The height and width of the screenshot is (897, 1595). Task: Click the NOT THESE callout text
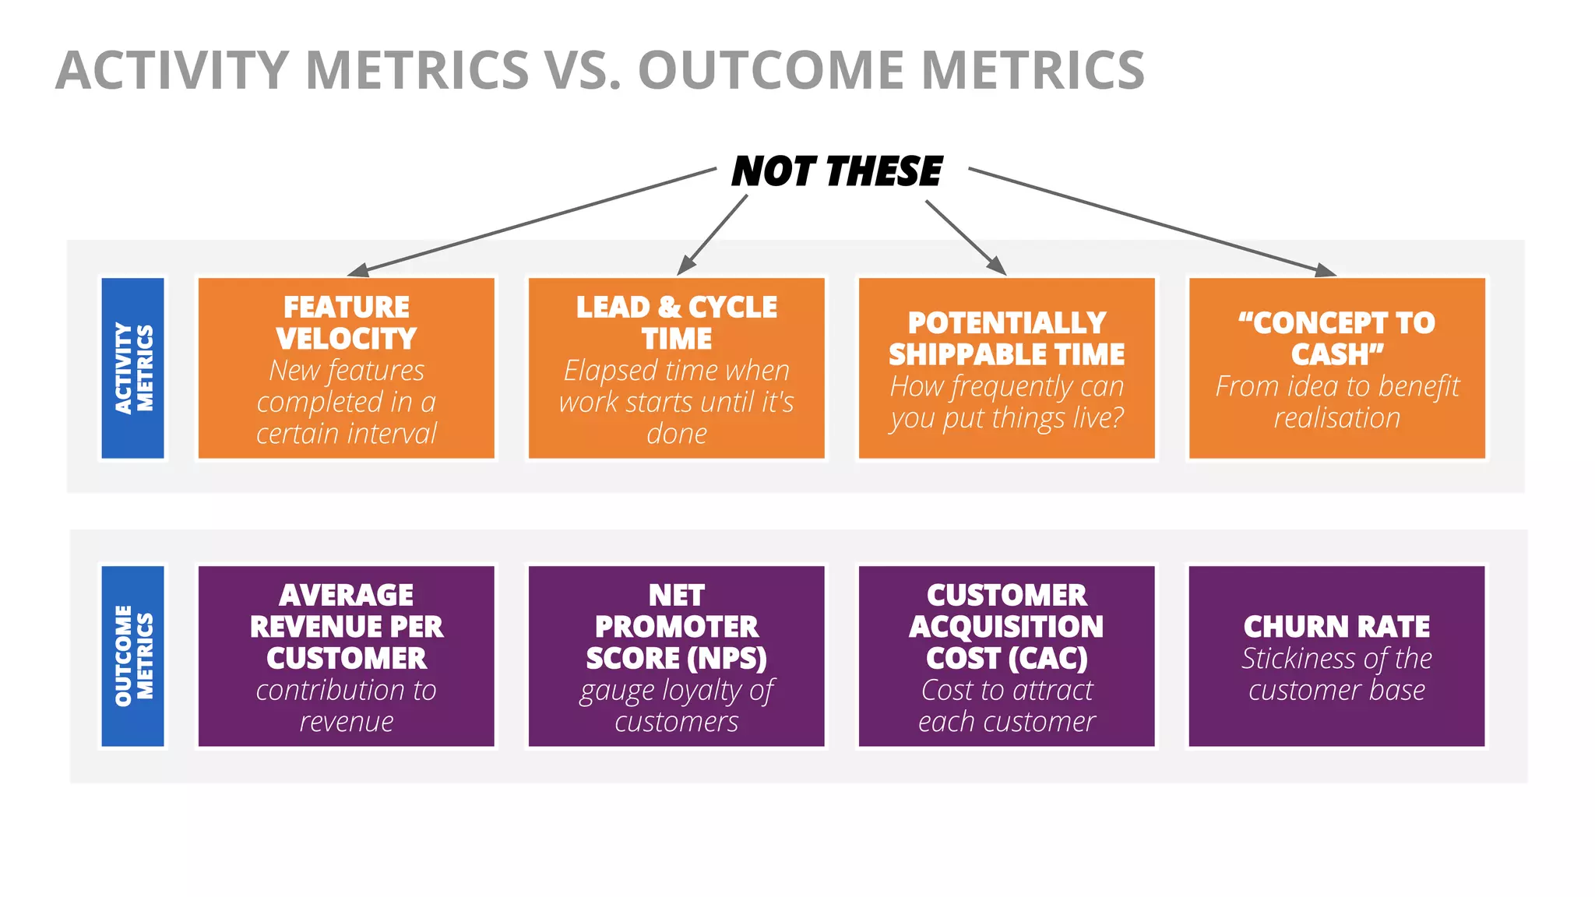pos(836,171)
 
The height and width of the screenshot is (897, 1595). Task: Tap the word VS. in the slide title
pos(583,70)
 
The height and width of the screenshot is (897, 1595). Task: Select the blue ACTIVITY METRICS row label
pos(133,368)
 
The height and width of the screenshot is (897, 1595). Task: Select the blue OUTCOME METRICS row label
pos(133,656)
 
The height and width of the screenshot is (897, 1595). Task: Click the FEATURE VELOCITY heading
pos(347,322)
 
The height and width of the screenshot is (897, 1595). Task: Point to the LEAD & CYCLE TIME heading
pos(676,322)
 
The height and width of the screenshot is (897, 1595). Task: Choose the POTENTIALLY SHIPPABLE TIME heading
pos(1006,339)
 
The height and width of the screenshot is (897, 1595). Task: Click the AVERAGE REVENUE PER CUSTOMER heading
pos(347,627)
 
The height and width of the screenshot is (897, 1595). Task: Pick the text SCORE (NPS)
pos(676,659)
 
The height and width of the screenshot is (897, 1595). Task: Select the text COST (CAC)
pos(1006,659)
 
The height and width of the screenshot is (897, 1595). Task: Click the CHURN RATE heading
pos(1336,627)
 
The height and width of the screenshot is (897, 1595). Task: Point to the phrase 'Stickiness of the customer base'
pos(1336,674)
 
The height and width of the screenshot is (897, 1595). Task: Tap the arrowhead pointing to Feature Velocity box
pos(358,271)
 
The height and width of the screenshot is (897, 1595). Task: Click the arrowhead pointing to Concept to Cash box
pos(1326,270)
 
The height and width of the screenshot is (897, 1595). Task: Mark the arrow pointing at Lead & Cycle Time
pos(713,234)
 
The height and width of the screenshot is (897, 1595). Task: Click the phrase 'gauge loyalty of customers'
pos(676,705)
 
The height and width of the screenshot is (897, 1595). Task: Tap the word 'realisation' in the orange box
pos(1336,418)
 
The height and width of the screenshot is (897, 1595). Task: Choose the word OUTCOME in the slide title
pos(772,70)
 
